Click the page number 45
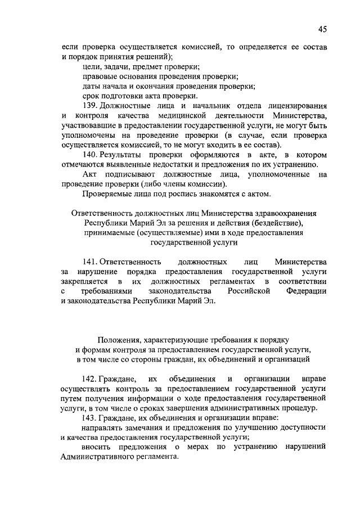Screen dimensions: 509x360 [322, 29]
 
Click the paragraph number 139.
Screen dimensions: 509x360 [89, 106]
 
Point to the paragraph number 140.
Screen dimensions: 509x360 [89, 155]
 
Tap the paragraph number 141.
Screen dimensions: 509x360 [89, 262]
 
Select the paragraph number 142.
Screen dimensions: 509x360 [89, 379]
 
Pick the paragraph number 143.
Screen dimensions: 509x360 [89, 418]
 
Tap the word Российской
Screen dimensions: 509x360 [249, 291]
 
